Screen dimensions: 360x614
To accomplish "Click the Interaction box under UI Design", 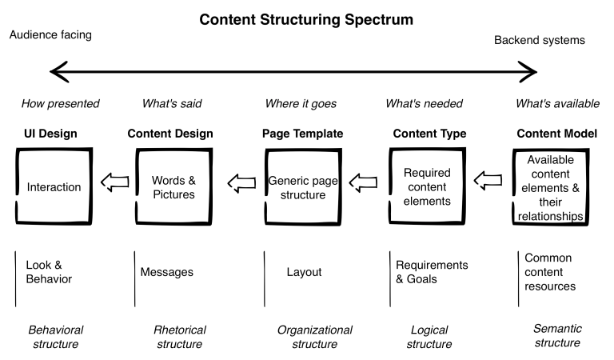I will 54,187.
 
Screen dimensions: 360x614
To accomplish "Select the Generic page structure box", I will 302,187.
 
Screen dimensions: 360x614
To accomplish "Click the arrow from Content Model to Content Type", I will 489,185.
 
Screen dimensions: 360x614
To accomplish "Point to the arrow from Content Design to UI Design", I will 116,185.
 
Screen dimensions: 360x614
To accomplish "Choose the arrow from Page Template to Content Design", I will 240,185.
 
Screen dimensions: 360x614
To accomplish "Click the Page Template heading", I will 302,134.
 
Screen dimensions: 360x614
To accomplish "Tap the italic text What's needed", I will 424,103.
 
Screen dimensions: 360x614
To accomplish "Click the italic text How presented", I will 61,103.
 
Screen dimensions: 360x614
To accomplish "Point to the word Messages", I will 166,272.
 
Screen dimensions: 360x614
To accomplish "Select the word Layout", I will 304,272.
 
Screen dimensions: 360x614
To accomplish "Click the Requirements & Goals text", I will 432,272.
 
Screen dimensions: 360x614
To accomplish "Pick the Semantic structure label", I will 556,336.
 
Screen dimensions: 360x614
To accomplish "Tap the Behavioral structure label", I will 56,336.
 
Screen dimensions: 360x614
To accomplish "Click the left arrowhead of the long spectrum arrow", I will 56,73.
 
